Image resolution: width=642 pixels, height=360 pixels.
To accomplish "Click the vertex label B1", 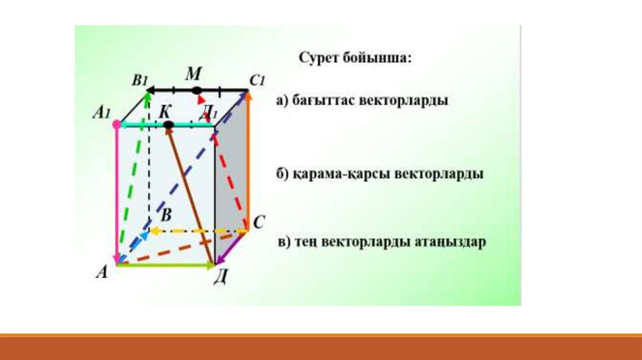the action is coord(140,80).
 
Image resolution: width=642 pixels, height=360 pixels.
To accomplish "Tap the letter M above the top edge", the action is coord(193,74).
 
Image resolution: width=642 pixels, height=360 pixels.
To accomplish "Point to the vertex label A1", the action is coord(102,112).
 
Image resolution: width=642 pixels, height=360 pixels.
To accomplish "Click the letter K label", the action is coord(165,112).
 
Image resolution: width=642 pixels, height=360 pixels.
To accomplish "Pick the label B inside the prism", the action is coord(166,215).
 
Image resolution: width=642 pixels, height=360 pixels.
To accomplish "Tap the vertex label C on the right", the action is coord(259,223).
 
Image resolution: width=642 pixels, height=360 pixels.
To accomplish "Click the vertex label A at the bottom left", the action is coord(102,272).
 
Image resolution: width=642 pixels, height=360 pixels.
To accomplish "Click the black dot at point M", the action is coord(197,90).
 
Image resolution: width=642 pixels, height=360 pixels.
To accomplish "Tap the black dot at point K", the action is coord(168,125).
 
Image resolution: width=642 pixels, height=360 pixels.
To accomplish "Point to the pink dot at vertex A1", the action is coord(117,124).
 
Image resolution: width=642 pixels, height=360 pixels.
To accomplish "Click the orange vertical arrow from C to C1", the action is coord(248,161).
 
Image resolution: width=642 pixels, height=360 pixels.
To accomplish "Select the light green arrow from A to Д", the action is coord(166,265).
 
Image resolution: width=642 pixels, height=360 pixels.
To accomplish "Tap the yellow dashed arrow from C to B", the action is coord(198,231).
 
